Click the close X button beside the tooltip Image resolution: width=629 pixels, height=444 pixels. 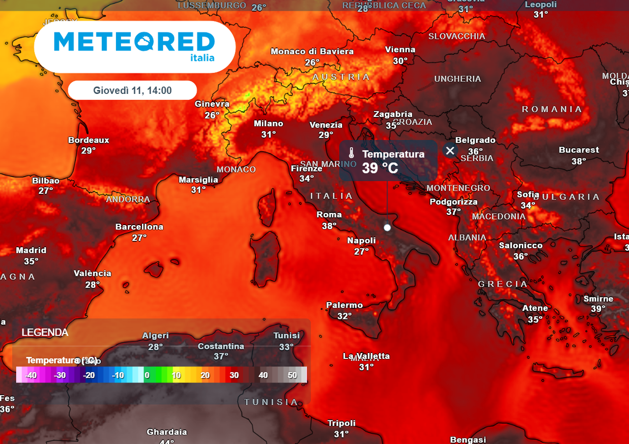pos(450,150)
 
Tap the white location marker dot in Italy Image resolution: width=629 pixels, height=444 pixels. pos(387,227)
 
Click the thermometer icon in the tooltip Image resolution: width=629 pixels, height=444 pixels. pos(351,153)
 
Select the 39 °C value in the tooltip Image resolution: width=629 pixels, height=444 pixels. pos(380,168)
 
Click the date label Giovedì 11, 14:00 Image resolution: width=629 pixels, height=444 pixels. pos(132,90)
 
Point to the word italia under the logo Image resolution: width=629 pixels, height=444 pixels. pos(202,58)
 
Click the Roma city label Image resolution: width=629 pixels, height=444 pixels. pos(329,215)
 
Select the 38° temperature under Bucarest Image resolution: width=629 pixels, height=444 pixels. pos(578,161)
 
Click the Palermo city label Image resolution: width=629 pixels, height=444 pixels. pos(344,305)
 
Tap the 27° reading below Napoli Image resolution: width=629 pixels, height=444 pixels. pos(361,252)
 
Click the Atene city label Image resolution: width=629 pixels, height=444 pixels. pos(535,308)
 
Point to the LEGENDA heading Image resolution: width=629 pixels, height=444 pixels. pos(45,333)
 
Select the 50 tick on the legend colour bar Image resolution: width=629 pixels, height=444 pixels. pos(292,375)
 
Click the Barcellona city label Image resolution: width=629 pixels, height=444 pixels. pos(139,227)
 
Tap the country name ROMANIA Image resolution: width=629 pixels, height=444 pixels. pos(551,109)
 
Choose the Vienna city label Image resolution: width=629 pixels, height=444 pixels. pos(400,50)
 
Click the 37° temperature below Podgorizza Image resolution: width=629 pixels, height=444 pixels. pos(453,212)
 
